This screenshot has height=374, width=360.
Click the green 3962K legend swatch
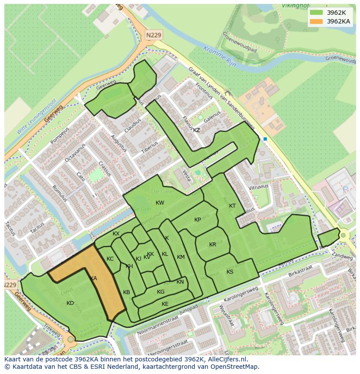(317, 13)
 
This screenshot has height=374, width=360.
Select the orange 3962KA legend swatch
(317, 21)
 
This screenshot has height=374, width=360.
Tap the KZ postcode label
(197, 130)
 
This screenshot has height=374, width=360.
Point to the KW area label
(160, 203)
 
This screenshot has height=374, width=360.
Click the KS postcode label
(230, 272)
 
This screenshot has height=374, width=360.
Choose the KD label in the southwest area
(70, 303)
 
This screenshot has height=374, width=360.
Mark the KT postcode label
(232, 206)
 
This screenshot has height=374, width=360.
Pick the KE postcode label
(165, 304)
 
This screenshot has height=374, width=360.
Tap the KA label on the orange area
(93, 278)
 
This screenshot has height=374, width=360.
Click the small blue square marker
(265, 139)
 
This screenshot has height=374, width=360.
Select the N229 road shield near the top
(153, 35)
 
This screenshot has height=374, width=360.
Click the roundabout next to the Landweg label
(343, 235)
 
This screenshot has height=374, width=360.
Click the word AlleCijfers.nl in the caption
(227, 359)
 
